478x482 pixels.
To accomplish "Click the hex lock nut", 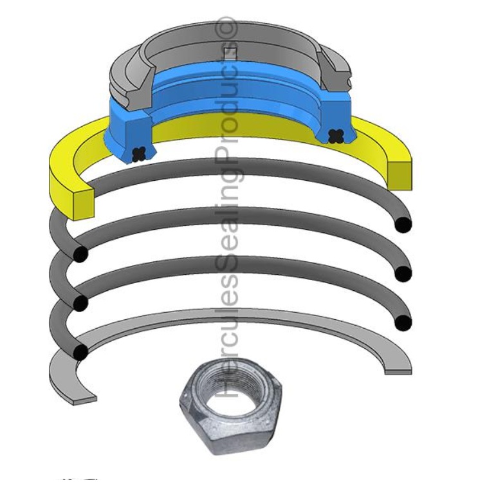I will (x=225, y=406).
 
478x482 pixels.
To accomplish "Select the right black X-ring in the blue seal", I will (x=335, y=135).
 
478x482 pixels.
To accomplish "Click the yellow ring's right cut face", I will (x=400, y=175).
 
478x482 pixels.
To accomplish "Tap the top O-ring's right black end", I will (x=403, y=225).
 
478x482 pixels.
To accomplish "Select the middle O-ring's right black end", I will (x=403, y=273).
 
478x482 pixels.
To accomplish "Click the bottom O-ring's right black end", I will (x=403, y=322).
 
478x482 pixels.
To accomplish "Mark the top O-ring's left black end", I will (x=80, y=254).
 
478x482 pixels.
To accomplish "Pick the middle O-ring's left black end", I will (x=80, y=302).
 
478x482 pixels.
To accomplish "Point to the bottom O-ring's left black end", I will (x=80, y=351).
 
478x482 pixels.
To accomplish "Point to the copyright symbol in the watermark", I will (x=230, y=26).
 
